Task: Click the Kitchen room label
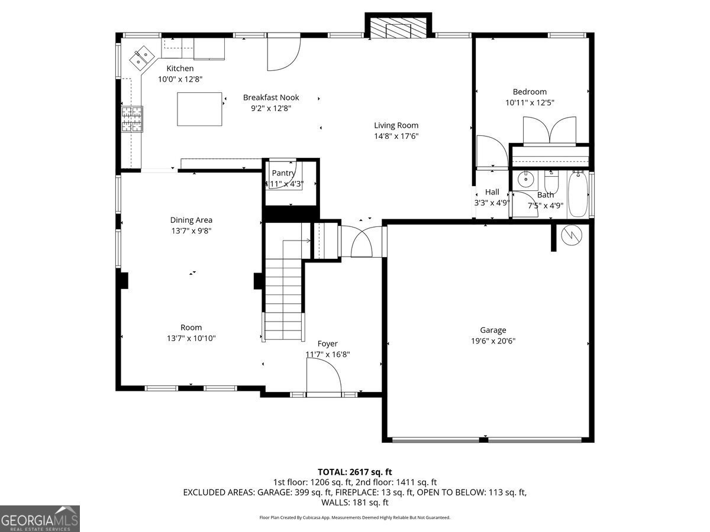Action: [180, 69]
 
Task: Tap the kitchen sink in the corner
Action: [141, 57]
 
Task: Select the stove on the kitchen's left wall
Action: [132, 118]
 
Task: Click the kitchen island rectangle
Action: [201, 109]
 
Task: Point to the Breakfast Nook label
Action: [271, 98]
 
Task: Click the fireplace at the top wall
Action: [398, 28]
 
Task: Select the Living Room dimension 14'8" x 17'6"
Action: [396, 137]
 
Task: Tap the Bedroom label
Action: [530, 92]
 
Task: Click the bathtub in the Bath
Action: [577, 194]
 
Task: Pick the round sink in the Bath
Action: [525, 178]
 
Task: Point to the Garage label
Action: [493, 330]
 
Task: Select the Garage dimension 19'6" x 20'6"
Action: [493, 341]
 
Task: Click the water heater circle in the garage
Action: [572, 235]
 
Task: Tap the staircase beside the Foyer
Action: [283, 290]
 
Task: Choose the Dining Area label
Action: [191, 220]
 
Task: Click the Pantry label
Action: [283, 173]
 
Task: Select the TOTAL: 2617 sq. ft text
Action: [355, 472]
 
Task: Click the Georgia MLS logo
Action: [40, 518]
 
